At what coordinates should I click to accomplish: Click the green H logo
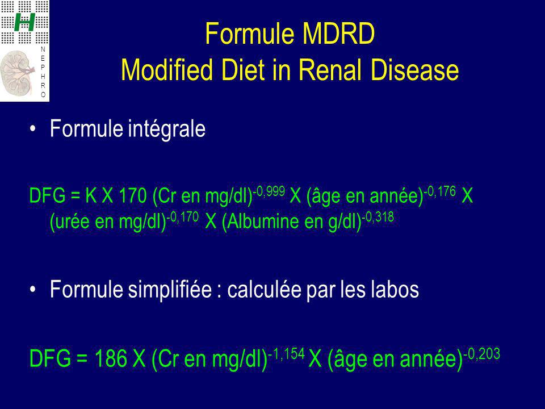(24, 22)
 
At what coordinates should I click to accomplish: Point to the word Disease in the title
(414, 69)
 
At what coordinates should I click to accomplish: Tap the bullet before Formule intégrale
(33, 129)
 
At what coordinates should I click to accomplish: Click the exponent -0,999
(269, 191)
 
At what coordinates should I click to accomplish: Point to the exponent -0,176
(439, 191)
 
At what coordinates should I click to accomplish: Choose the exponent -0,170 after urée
(182, 217)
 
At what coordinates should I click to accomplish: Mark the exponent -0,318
(378, 217)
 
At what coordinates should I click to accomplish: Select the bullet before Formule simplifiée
(33, 290)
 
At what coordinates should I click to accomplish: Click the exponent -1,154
(286, 354)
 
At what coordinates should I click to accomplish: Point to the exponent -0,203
(482, 354)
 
